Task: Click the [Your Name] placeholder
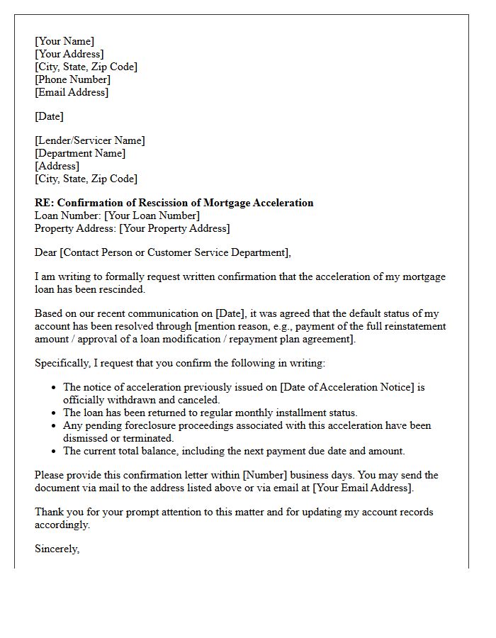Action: click(64, 41)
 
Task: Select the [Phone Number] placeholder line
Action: click(72, 79)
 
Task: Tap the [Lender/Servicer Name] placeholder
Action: click(89, 140)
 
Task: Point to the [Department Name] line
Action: click(80, 153)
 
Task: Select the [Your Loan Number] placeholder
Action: click(152, 216)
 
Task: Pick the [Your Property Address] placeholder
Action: click(174, 228)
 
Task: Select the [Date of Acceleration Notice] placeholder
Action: click(346, 387)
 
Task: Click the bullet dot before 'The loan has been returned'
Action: click(55, 413)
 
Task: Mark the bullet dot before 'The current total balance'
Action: click(55, 452)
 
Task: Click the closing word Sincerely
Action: click(57, 549)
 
